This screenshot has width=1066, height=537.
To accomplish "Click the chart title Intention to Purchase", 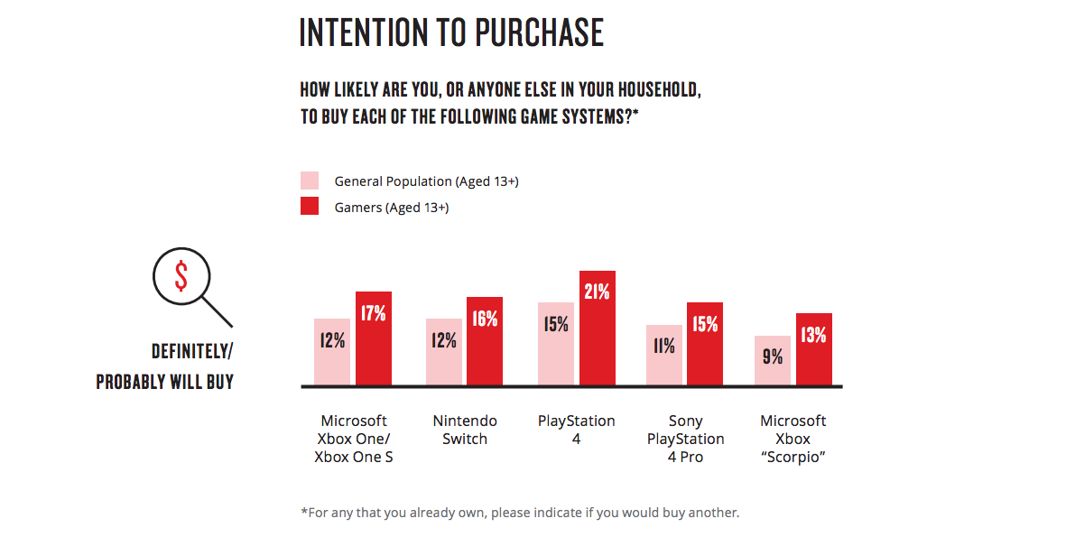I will [451, 32].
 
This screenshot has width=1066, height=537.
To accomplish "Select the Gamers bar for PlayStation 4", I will [598, 329].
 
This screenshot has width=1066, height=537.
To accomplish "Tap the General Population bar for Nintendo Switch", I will [444, 352].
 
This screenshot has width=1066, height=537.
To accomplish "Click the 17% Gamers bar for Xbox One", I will [374, 339].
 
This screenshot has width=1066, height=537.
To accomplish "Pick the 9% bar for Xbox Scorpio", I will [773, 361].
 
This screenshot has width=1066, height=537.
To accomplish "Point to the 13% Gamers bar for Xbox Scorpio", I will [813, 350].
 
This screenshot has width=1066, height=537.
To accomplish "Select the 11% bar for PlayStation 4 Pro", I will [664, 356].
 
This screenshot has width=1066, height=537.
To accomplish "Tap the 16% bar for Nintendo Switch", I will [485, 342].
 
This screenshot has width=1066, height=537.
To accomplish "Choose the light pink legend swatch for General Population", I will [310, 181].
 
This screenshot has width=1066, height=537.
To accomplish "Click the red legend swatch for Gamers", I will [310, 207].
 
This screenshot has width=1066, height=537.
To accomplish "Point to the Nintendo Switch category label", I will [465, 430].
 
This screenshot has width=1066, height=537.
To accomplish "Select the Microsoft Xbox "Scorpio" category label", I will [793, 439].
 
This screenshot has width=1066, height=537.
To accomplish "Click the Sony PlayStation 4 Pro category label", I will [685, 439].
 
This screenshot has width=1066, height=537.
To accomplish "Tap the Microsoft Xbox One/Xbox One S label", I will [354, 439].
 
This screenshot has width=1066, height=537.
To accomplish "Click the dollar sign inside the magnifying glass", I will [181, 277].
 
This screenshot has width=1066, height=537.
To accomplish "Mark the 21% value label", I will [598, 292].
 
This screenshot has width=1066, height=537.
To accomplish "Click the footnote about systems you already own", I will [520, 513].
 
